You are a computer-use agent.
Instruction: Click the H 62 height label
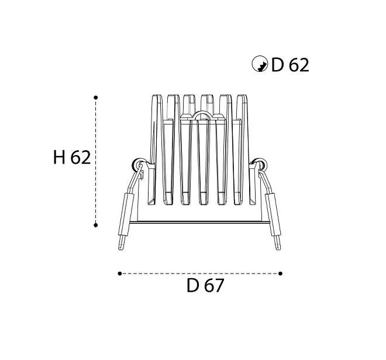[72, 157]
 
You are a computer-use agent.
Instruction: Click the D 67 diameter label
[205, 285]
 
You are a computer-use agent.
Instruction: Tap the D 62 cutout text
[290, 65]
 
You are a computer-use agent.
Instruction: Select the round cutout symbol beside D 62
[260, 64]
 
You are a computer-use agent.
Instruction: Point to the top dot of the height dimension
[96, 98]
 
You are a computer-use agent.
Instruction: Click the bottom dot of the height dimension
[96, 225]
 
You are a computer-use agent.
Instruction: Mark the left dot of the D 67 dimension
[120, 274]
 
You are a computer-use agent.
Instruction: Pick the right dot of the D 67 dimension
[280, 274]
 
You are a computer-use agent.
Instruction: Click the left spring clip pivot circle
[137, 164]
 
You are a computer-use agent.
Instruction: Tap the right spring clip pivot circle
[260, 164]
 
